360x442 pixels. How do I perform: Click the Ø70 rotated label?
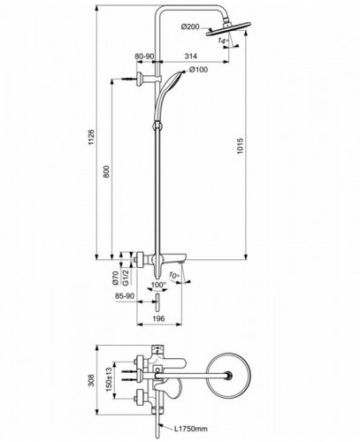coord(114,278)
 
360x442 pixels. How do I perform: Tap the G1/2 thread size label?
coord(126,278)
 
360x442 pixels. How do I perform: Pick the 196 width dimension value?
coord(157,320)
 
